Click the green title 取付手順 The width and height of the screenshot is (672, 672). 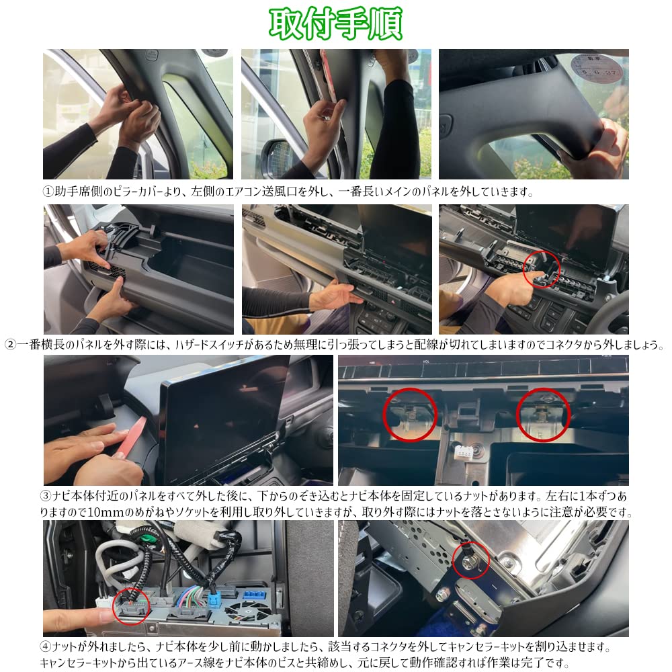click(335, 24)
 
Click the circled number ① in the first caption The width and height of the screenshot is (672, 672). click(48, 192)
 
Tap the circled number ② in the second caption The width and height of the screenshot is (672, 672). click(10, 345)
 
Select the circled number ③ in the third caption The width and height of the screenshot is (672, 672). click(45, 497)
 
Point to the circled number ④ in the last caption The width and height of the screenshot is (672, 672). click(45, 647)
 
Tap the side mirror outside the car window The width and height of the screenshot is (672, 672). click(279, 157)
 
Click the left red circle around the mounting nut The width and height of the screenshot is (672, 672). click(410, 415)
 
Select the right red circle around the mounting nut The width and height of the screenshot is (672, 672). click(544, 415)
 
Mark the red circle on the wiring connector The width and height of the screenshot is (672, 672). click(131, 606)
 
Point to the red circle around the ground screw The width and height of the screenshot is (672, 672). click(471, 560)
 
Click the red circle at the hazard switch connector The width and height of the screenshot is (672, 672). click(542, 269)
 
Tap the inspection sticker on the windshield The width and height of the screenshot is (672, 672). click(598, 67)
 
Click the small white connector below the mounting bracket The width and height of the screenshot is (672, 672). click(464, 452)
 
